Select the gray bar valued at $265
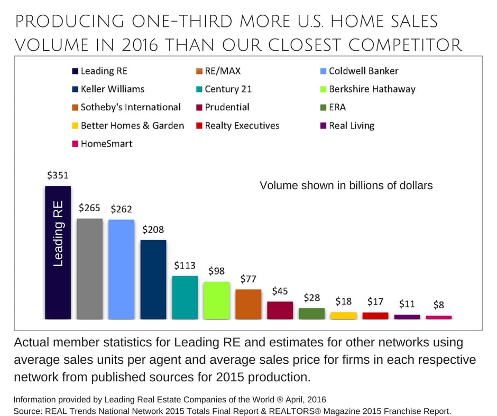pos(89,269)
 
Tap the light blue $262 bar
pos(121,269)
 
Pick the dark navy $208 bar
pos(153,279)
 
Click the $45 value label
pos(280,291)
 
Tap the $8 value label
pos(439,305)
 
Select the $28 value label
pos(311,298)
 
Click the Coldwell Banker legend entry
pos(363,71)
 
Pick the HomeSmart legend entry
pos(106,144)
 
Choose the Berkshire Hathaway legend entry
pos(372,89)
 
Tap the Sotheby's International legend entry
pos(130,107)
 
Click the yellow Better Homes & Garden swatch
pos(75,126)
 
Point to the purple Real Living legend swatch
pos(324,126)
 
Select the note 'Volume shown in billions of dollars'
pos(346,186)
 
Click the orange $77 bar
pos(248,304)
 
